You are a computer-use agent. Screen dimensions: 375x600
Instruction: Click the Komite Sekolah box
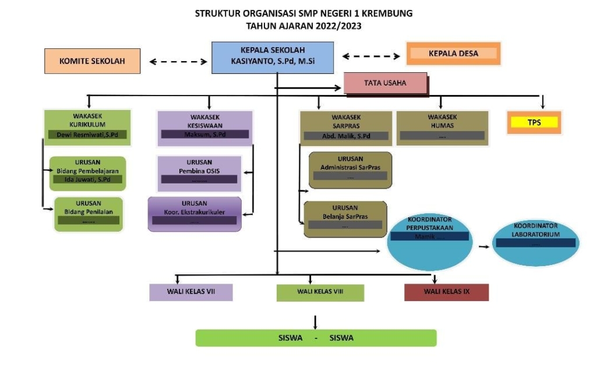[x=92, y=61]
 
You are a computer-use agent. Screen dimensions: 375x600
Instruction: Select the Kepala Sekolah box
[x=273, y=57]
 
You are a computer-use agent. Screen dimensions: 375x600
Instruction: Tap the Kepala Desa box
[x=453, y=54]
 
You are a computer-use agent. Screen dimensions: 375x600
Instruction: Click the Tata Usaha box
[x=385, y=83]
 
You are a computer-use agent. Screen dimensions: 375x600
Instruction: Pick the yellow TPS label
[x=534, y=122]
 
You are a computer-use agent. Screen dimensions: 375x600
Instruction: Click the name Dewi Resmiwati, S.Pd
[x=87, y=135]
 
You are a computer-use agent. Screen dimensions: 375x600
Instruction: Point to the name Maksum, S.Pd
[x=204, y=135]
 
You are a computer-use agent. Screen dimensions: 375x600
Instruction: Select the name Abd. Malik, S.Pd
[x=346, y=136]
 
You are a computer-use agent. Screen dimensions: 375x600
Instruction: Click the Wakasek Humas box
[x=442, y=126]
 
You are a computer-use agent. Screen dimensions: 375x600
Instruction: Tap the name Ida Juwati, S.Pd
[x=88, y=179]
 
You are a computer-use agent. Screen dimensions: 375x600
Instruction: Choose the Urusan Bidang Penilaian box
[x=89, y=213]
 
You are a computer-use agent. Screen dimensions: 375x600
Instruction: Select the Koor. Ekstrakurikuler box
[x=195, y=213]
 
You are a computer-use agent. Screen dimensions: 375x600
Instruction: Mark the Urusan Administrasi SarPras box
[x=350, y=169]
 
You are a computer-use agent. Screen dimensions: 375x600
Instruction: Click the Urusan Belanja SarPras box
[x=345, y=218]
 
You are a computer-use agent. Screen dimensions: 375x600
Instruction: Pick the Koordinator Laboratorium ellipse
[x=536, y=241]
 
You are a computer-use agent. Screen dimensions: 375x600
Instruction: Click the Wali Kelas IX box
[x=446, y=292]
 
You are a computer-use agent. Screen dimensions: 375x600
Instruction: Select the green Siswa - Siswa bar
[x=316, y=338]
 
